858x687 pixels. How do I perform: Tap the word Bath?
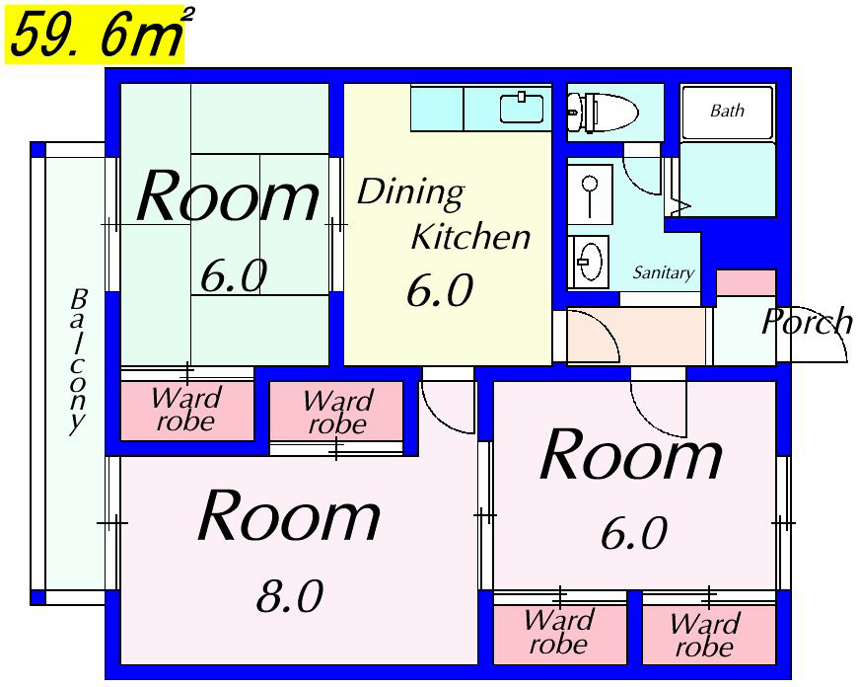click(727, 111)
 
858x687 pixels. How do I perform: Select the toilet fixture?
click(602, 113)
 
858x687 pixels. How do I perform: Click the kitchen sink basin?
click(522, 108)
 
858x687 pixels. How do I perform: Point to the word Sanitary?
click(663, 272)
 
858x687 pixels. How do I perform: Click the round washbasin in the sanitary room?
click(590, 261)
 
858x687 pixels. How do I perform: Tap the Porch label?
click(807, 321)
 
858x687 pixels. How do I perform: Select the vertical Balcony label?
click(78, 361)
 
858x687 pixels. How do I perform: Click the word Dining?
click(410, 192)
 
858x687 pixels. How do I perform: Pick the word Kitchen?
click(470, 236)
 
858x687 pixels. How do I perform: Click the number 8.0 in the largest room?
click(290, 595)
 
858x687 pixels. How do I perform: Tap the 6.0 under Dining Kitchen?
click(440, 290)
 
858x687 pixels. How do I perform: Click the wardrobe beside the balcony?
click(187, 411)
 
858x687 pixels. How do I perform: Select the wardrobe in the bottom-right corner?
click(709, 635)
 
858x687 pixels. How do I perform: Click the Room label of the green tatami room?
click(228, 195)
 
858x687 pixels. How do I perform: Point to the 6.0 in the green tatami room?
click(234, 275)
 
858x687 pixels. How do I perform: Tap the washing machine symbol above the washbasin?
click(590, 194)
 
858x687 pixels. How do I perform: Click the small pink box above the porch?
click(747, 282)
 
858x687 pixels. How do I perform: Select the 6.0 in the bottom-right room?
click(634, 532)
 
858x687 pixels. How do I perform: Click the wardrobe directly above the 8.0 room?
click(336, 412)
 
